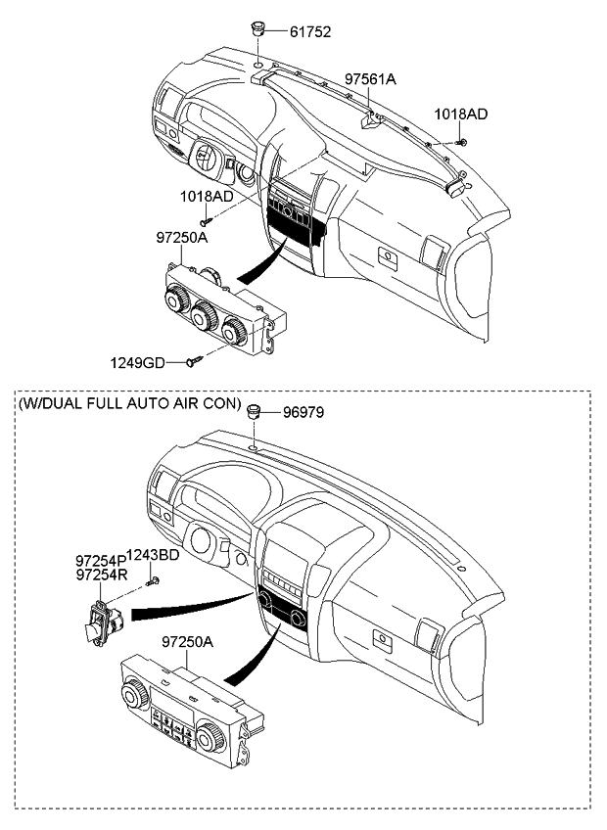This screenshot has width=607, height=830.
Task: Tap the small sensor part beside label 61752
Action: point(258,30)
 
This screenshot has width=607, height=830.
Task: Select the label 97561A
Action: point(371,77)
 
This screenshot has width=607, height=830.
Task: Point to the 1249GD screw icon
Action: point(192,363)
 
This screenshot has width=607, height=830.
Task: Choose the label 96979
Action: point(303,413)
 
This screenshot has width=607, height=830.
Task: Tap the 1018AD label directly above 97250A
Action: point(206,196)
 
